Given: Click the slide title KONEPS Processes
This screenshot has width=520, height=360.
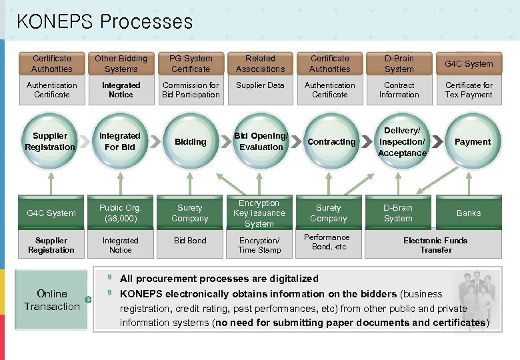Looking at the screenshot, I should click(105, 21).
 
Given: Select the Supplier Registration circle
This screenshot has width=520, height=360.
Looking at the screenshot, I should click(51, 141).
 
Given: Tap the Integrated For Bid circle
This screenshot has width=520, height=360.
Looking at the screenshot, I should click(120, 141).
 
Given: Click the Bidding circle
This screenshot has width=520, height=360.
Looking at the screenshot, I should click(191, 141).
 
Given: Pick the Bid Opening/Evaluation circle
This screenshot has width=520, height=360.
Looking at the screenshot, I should click(261, 141).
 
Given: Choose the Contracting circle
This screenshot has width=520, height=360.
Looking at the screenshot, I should click(331, 141).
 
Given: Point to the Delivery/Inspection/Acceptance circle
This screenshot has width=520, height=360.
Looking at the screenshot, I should click(401, 141).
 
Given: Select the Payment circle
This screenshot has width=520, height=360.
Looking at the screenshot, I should click(472, 141).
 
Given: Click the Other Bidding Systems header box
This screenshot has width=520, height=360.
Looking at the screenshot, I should click(121, 64).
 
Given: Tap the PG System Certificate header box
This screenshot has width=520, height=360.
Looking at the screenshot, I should click(191, 64).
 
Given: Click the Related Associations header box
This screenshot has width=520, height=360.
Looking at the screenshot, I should click(260, 64).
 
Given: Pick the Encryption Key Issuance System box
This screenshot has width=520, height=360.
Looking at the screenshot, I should click(259, 213).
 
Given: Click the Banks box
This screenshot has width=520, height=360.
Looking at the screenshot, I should click(468, 213).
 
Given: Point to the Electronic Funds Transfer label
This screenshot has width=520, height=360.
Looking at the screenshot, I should click(435, 245).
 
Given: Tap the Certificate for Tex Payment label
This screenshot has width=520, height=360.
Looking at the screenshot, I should click(469, 90).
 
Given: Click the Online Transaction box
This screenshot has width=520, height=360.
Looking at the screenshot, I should click(52, 300).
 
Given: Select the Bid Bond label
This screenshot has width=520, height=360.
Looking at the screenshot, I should click(190, 241).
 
